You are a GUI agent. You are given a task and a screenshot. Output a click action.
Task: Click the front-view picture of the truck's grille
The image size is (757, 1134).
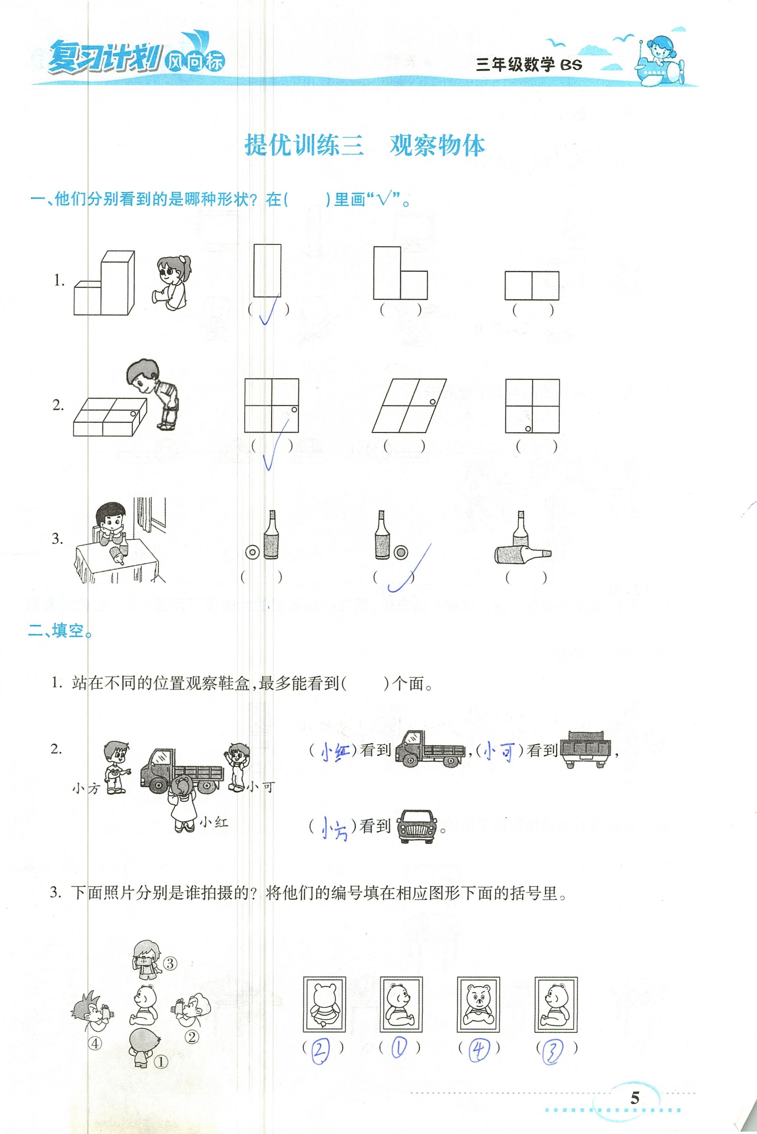click(417, 826)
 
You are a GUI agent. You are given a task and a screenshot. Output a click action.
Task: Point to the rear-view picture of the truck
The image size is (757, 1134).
click(585, 749)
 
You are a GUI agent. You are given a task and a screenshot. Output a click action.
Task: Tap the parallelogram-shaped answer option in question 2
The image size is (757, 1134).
click(409, 405)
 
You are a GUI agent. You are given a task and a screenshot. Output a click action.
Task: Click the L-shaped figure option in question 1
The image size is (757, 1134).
click(400, 273)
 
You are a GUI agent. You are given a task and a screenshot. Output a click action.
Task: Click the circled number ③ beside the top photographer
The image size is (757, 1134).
click(170, 964)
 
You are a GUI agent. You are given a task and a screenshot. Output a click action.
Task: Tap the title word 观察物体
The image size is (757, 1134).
click(437, 145)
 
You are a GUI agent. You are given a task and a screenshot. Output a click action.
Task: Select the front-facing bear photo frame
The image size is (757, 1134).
click(478, 1004)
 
